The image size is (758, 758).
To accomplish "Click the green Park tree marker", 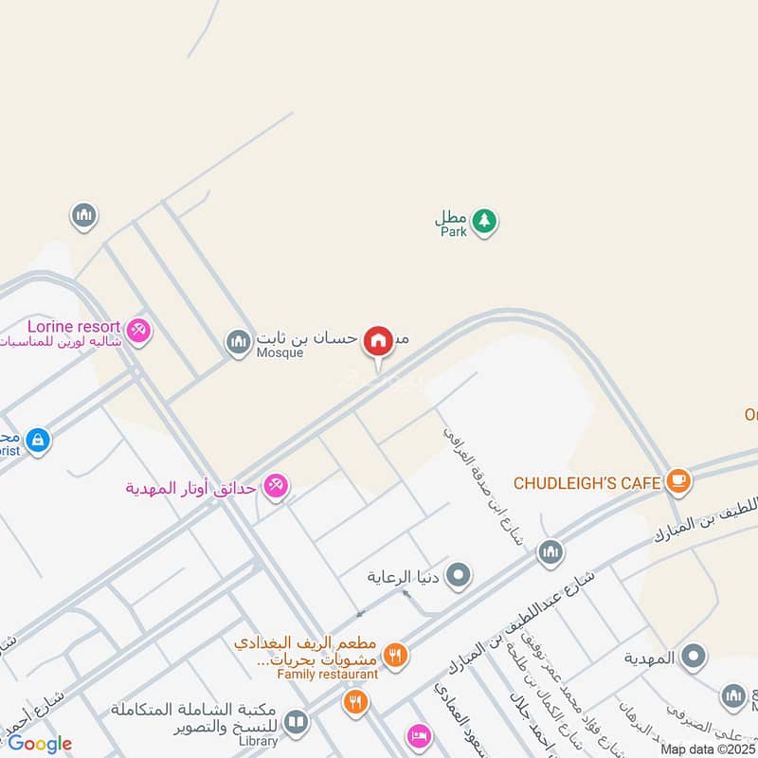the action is pos(485,222).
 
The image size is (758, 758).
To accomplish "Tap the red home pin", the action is pos(378,341).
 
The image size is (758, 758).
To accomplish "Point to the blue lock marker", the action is pos(37,440).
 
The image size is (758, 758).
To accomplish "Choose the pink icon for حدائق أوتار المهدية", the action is pos(276,485).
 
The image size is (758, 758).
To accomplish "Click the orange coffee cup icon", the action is pos(677,480).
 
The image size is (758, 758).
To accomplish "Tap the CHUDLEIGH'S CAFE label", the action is pos(587,483).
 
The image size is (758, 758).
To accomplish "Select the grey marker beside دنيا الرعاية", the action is pos(459,574).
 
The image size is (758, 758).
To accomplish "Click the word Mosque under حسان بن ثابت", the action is pos(280,353).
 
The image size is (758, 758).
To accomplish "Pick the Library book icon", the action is pos(297,723).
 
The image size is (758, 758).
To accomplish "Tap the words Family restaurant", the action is pos(327,674).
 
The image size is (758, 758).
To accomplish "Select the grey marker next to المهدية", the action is pos(695,656).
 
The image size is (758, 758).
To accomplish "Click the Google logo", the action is pos(40,744).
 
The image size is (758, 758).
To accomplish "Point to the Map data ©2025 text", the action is pos(707,749).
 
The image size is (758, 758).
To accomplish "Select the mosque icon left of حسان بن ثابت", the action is pos(238,341).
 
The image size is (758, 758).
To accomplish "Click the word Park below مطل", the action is pos(453,232).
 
